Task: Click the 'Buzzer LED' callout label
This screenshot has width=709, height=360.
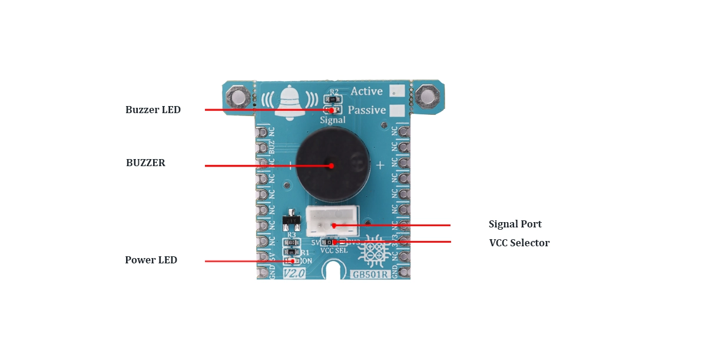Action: click(153, 110)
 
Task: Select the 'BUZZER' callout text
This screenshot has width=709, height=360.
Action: click(145, 163)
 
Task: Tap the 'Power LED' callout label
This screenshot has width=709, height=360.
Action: click(151, 260)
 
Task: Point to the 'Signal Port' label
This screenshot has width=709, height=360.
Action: click(515, 224)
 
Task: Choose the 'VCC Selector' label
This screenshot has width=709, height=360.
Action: click(519, 243)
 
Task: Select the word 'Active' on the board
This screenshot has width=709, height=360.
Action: click(366, 91)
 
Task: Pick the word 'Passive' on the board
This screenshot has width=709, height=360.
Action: click(367, 110)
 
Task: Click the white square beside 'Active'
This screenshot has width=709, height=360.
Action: click(398, 91)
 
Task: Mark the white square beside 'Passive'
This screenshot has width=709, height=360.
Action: click(399, 111)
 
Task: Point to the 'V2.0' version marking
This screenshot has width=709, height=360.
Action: click(293, 273)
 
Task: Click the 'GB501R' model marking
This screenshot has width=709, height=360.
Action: click(370, 275)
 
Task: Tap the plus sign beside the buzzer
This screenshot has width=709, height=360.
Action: click(380, 165)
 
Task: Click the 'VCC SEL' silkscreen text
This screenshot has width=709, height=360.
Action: click(334, 250)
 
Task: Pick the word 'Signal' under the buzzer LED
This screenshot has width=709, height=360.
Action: click(333, 120)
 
